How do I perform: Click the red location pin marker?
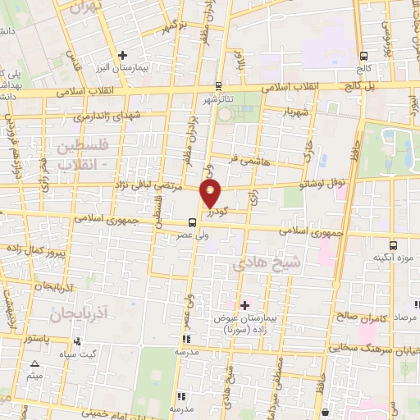point(211,194)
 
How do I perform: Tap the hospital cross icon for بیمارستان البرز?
point(121,55)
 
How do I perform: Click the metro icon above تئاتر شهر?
point(218,85)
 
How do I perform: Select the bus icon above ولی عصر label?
point(192,221)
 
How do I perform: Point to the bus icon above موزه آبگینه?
point(395,244)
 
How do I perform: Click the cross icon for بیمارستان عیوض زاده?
point(243,304)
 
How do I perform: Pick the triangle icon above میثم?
point(34,363)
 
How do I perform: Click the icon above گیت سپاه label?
point(71,341)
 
